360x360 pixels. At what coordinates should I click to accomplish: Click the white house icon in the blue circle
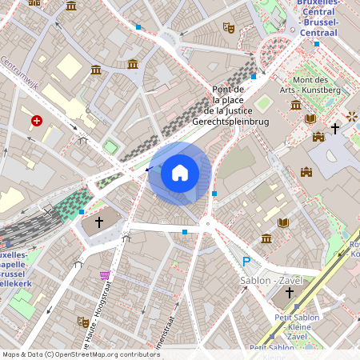[180, 172]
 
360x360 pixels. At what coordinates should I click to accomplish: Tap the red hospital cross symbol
[37, 121]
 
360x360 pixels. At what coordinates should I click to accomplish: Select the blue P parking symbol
[246, 262]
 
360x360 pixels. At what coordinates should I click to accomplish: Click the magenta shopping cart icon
[105, 275]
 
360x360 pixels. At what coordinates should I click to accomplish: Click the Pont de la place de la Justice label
[230, 106]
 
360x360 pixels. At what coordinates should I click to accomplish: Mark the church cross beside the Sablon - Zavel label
[290, 294]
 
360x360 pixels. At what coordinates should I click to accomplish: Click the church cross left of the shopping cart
[99, 222]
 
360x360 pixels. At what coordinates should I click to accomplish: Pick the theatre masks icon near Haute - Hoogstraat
[82, 321]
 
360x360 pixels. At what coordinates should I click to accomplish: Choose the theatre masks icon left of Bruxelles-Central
[229, 27]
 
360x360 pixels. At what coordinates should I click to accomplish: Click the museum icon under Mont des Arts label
[296, 105]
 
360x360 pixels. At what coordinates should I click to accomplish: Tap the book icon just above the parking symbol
[282, 222]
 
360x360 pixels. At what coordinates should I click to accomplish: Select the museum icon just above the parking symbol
[266, 238]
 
